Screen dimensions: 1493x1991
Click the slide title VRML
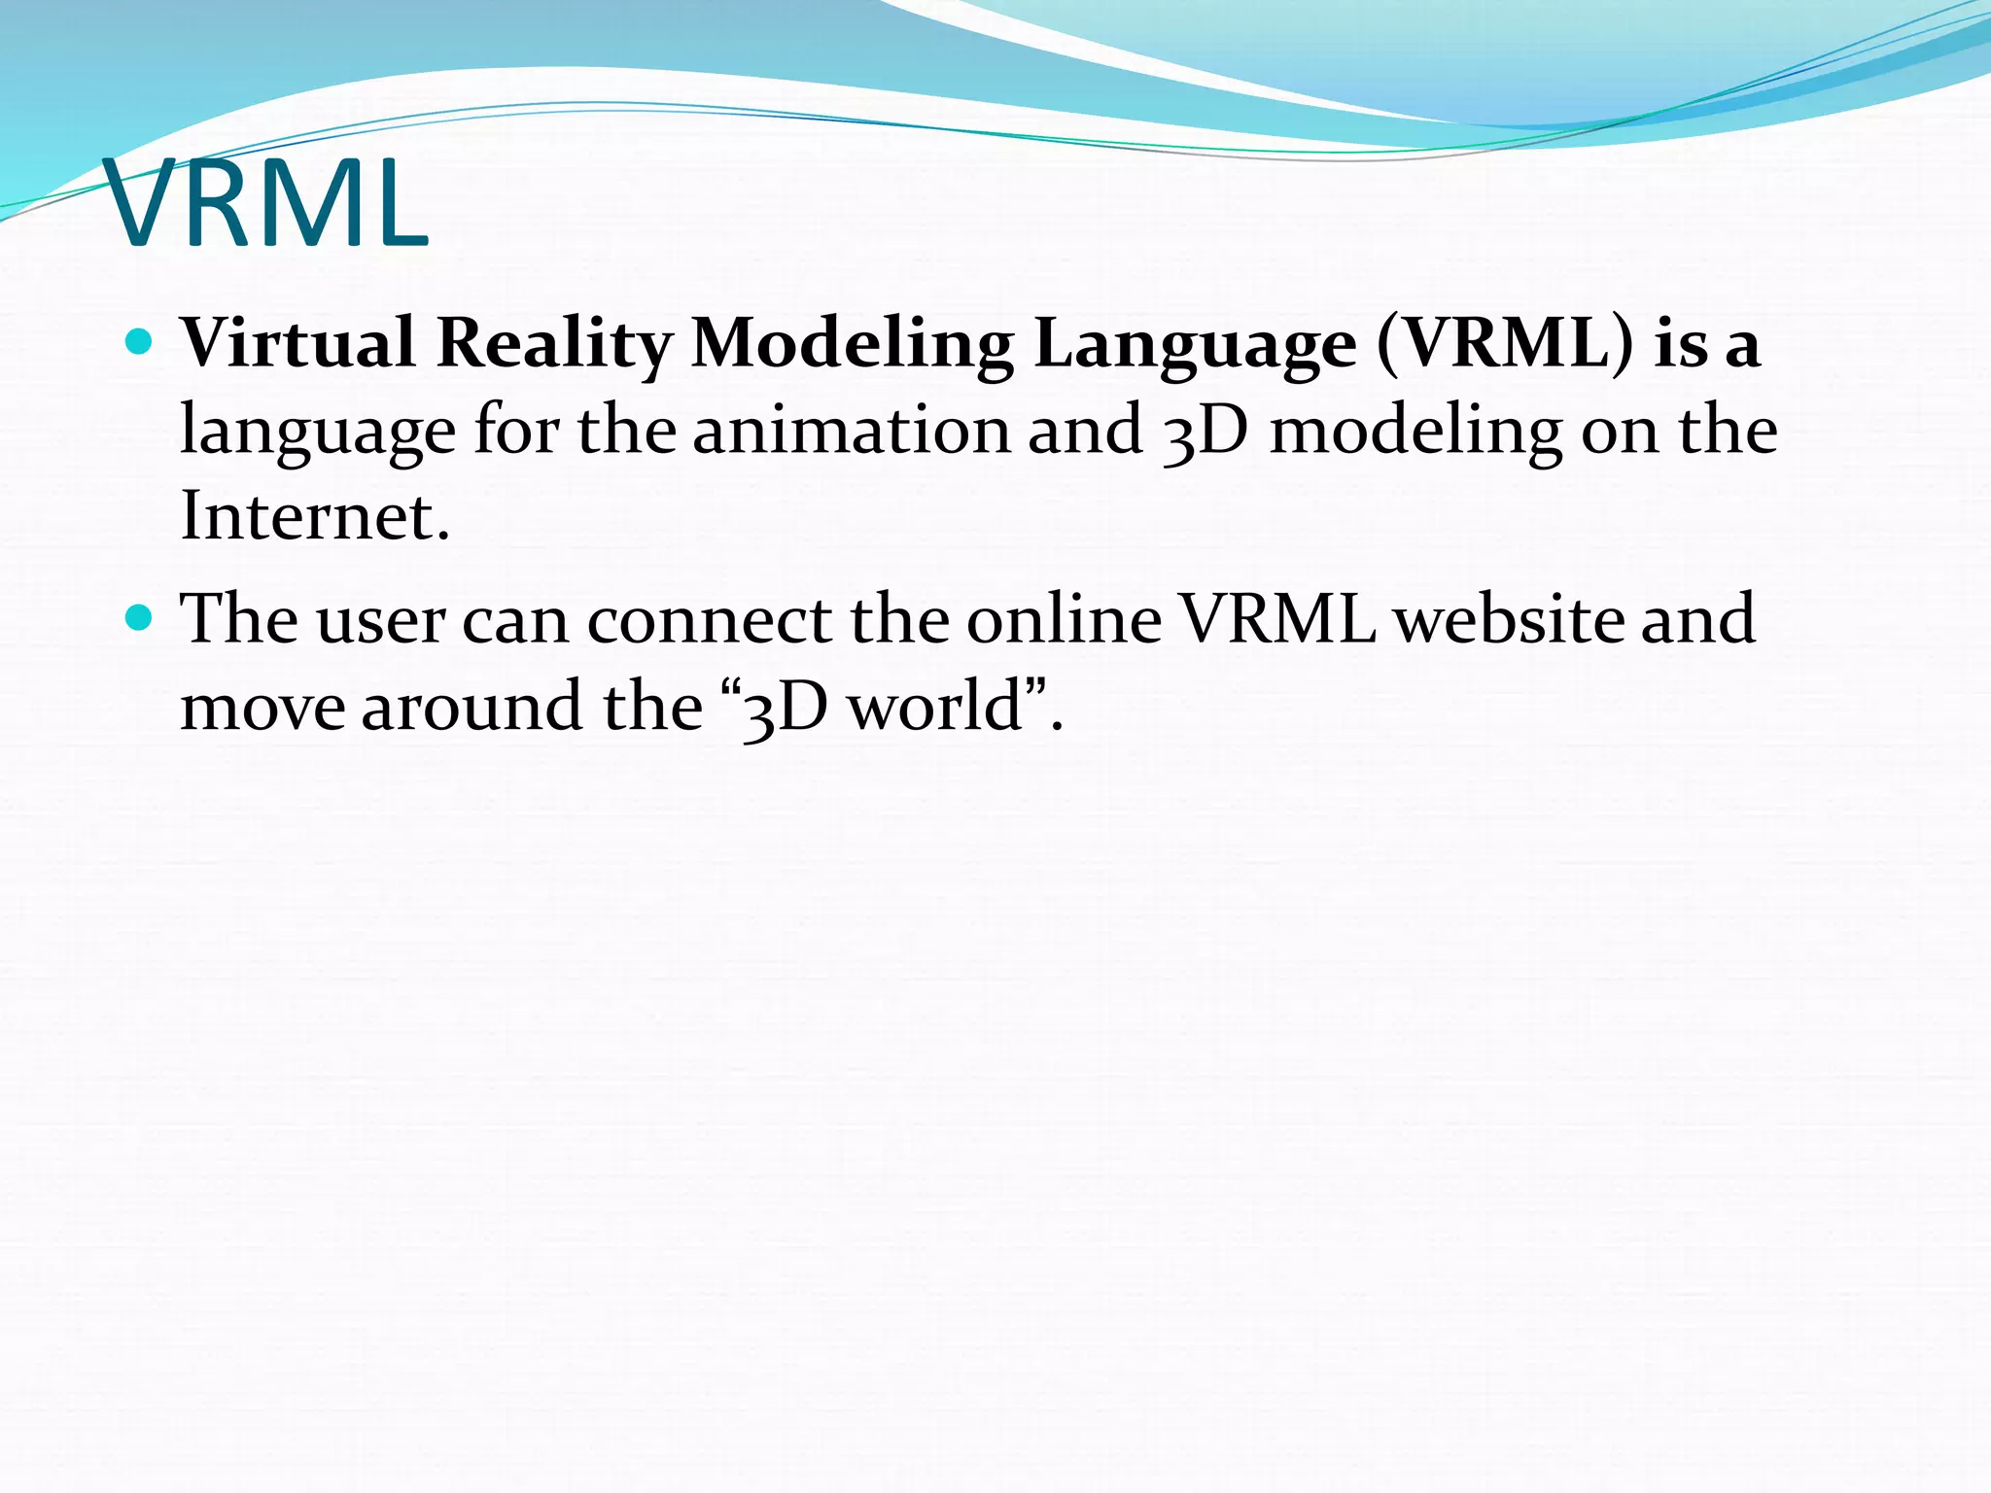(265, 204)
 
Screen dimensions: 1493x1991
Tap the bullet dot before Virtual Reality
(140, 342)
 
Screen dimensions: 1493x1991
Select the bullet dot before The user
(140, 617)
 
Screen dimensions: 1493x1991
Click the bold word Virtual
(298, 343)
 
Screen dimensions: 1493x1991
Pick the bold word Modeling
(852, 345)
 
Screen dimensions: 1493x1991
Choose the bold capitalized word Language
(1195, 345)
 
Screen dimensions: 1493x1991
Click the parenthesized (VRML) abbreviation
(1506, 343)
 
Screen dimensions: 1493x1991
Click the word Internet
(315, 515)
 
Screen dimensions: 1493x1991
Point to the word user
(380, 620)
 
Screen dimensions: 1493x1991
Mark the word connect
(710, 619)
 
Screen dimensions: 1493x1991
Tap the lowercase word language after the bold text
(318, 433)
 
